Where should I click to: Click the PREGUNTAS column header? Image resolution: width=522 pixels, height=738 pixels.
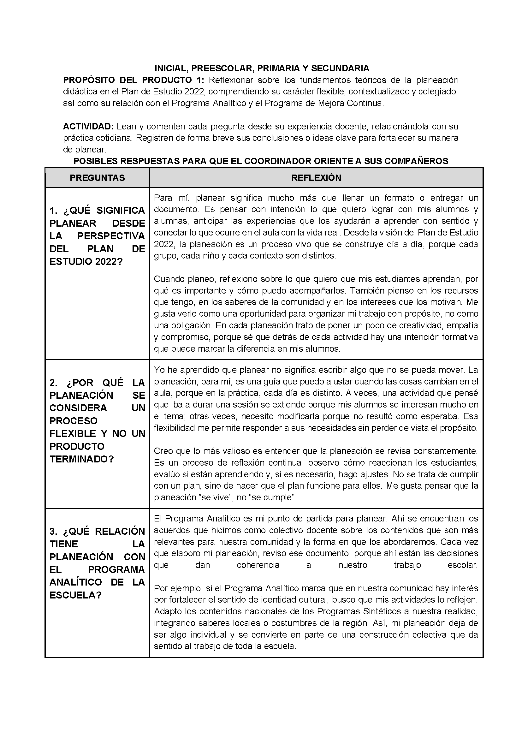[x=98, y=178]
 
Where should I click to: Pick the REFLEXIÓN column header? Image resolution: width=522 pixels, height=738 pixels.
[x=316, y=178]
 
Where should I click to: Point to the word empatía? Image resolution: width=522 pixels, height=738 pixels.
[x=463, y=325]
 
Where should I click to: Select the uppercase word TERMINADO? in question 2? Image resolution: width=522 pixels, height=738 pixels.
[x=82, y=459]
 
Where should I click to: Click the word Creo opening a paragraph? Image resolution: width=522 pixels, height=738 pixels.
[x=163, y=451]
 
